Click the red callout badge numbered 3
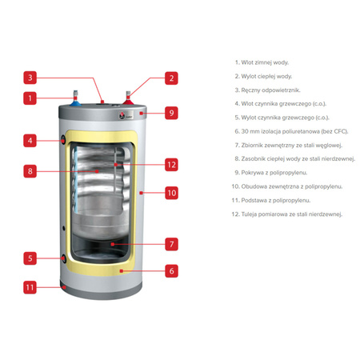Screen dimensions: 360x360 click(x=30, y=78)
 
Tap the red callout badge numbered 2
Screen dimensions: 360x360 click(x=171, y=78)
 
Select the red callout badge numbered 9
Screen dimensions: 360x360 click(x=171, y=113)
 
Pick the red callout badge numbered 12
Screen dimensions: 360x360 click(x=171, y=165)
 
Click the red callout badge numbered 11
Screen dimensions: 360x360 click(x=30, y=287)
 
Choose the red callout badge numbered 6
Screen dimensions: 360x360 click(x=171, y=271)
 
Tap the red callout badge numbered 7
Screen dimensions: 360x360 click(x=171, y=244)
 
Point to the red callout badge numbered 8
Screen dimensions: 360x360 click(x=30, y=171)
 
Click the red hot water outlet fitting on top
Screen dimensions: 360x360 click(x=128, y=99)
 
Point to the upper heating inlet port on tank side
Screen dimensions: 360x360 click(x=64, y=140)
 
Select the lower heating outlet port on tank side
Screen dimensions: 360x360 click(x=64, y=258)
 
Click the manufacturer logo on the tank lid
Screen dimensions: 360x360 click(x=126, y=115)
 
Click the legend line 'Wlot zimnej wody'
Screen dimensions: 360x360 click(x=262, y=62)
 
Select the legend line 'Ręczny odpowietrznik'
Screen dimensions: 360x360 click(x=267, y=90)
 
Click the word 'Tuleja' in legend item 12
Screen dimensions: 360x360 click(x=249, y=214)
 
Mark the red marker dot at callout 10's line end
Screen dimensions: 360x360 click(x=141, y=193)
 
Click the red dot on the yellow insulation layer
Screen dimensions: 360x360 click(x=122, y=271)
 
